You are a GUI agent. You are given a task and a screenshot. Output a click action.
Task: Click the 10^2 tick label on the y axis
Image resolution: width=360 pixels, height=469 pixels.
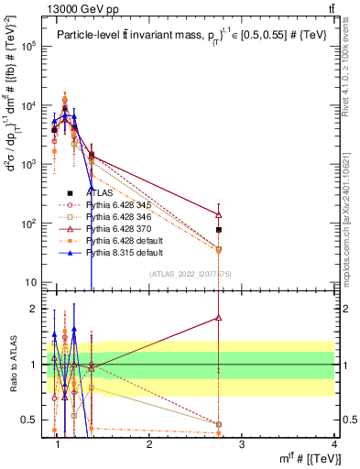point(33,224)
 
